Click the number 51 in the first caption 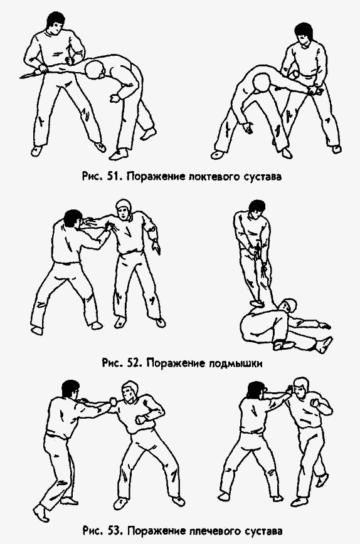click(x=114, y=176)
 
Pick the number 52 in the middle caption click(x=130, y=364)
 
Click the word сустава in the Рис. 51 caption click(x=260, y=176)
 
